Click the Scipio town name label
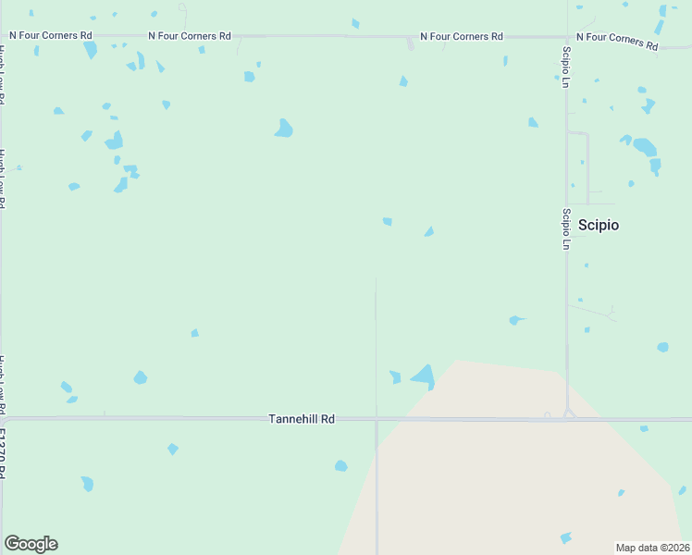599,225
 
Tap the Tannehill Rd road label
301,419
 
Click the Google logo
31,544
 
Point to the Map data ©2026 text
653,547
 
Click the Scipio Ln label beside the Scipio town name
565,228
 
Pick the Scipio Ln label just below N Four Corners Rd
565,67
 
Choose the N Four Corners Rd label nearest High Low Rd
51,35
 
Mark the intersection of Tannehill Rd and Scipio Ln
567,418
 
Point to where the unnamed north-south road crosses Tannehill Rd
377,419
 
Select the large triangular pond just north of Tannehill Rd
425,376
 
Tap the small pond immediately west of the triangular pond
395,376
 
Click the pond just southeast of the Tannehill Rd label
340,466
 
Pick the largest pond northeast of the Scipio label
645,147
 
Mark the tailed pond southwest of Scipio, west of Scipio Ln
515,320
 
